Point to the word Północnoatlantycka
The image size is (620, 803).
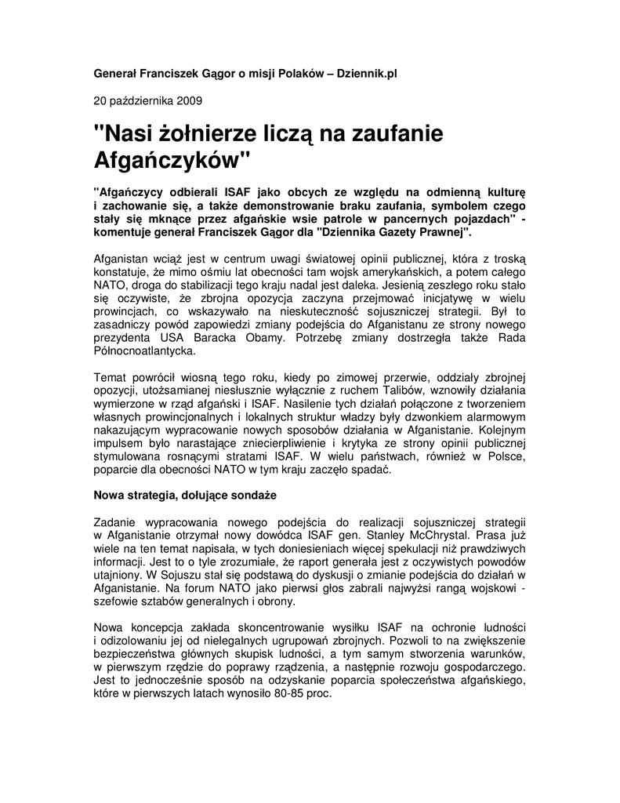pos(145,352)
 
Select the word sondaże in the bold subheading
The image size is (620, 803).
pos(256,496)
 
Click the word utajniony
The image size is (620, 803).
pos(119,576)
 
